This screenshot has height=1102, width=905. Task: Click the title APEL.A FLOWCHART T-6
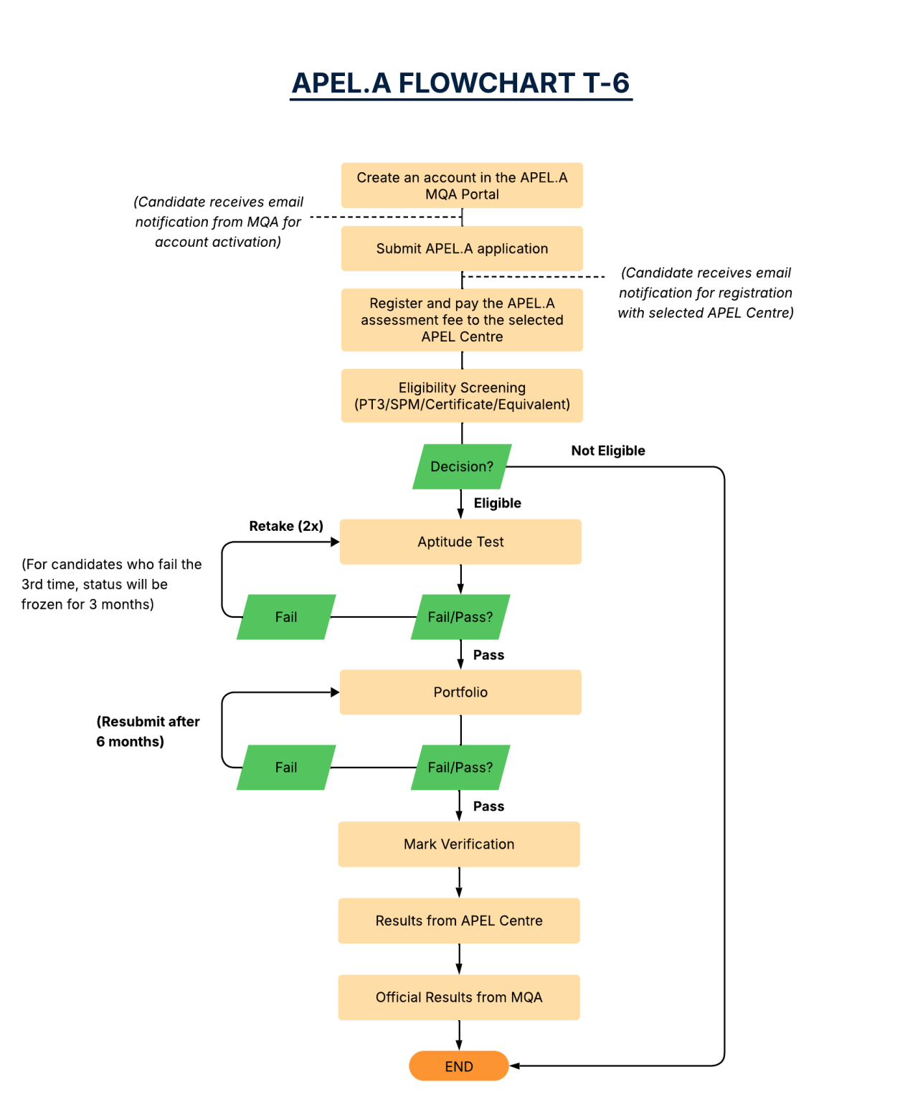pos(461,83)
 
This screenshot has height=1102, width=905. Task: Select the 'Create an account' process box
pos(462,186)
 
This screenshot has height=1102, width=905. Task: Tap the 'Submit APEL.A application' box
pos(462,249)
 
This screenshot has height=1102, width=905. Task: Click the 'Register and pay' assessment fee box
pos(462,320)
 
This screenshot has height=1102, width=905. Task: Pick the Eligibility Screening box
pos(462,396)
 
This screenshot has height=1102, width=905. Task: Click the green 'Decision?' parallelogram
pos(462,467)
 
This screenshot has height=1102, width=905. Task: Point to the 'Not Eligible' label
pos(608,451)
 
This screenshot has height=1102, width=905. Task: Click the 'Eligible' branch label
pos(497,503)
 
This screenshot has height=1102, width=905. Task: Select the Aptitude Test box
pos(460,542)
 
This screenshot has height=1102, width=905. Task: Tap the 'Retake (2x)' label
pos(286,526)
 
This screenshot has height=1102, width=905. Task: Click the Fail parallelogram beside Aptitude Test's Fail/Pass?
pos(286,617)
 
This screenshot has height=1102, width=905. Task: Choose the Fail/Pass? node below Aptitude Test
pos(460,617)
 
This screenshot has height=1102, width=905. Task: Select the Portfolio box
pos(460,692)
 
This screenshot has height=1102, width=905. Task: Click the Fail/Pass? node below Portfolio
pos(460,768)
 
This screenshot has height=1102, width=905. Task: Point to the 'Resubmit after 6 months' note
pos(148,732)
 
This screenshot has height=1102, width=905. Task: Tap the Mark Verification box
pos(459,844)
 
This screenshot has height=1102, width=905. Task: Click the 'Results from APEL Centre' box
pos(459,921)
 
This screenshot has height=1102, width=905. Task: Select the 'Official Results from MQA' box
pos(459,997)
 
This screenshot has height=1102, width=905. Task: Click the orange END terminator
pos(459,1067)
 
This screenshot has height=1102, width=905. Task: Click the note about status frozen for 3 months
pos(111,585)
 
